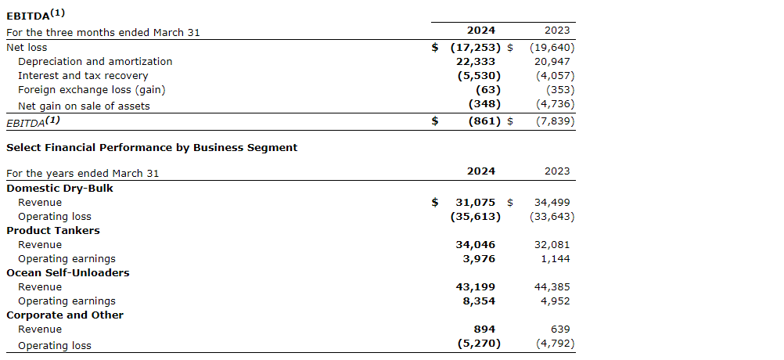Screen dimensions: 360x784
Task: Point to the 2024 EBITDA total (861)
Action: pos(479,121)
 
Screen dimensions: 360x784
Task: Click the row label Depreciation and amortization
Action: pos(95,61)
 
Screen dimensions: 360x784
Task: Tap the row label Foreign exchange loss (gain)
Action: pos(92,90)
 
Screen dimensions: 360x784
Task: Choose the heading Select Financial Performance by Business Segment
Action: pos(152,147)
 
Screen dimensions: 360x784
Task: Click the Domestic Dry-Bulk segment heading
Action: pos(59,188)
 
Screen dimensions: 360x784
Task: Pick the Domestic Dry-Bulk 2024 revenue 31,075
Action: pos(475,202)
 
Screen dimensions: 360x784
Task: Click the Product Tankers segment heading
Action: pos(53,230)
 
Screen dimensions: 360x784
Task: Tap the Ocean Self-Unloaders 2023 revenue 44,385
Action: pos(553,286)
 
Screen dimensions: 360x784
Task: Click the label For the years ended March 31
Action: pos(83,173)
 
